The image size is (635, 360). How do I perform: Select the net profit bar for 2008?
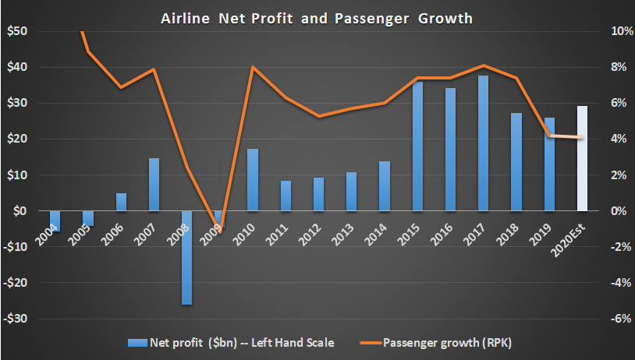coord(187,257)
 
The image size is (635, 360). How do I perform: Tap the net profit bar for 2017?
coord(484,143)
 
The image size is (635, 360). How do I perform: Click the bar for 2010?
coord(253,180)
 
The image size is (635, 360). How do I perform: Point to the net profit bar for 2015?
coord(417,146)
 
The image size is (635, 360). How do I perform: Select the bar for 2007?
coord(154,185)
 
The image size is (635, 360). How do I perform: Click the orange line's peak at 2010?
coord(253,67)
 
